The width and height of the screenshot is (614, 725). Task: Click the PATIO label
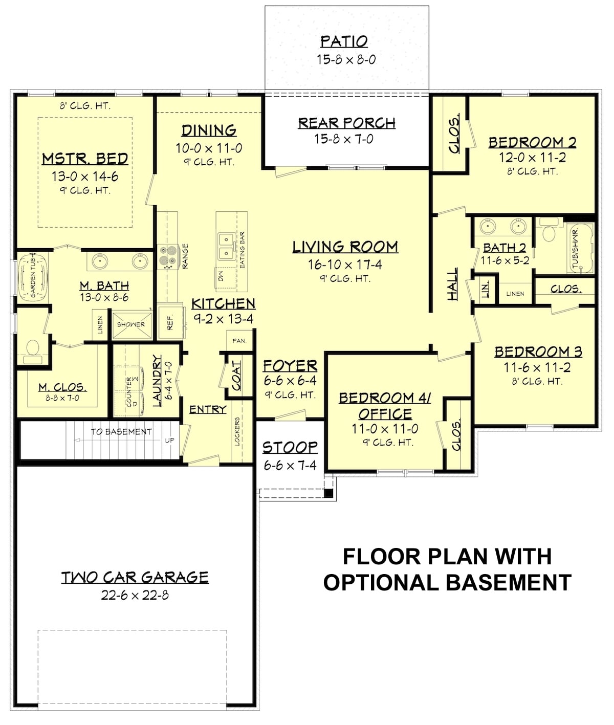tap(344, 41)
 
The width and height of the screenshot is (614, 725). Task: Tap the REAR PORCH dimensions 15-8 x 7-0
tap(344, 139)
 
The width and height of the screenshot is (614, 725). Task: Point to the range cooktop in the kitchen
tap(168, 256)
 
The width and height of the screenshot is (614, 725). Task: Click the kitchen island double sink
tap(225, 246)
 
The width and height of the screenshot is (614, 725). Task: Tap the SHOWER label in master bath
tap(131, 324)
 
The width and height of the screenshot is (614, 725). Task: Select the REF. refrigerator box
tap(170, 322)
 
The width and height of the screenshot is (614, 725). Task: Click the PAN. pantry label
tap(239, 341)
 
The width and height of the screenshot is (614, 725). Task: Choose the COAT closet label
tap(236, 376)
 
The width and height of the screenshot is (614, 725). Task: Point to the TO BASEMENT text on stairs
tap(121, 432)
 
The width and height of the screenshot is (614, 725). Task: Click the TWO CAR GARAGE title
tap(135, 578)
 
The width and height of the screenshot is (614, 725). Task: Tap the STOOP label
tap(290, 448)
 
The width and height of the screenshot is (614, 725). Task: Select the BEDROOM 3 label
tap(538, 352)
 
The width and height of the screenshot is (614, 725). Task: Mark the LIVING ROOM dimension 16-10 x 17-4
tap(345, 265)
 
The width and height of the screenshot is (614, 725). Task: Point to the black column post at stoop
tap(329, 493)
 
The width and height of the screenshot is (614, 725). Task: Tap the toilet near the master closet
tap(33, 349)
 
